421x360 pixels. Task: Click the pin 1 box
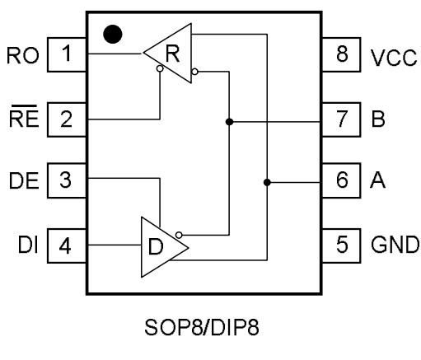click(x=68, y=54)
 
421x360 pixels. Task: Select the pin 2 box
click(x=68, y=119)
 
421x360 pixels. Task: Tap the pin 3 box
click(x=68, y=180)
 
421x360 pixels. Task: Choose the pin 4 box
click(x=68, y=245)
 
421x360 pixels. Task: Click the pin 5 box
click(x=341, y=245)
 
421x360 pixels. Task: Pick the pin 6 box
click(x=341, y=180)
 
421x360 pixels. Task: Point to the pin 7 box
click(x=341, y=119)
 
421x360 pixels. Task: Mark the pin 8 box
click(x=341, y=54)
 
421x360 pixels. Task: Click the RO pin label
click(x=23, y=56)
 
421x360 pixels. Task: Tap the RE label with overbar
click(x=24, y=116)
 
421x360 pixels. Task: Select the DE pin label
click(x=24, y=180)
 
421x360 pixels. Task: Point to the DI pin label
click(x=28, y=245)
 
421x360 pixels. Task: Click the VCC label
click(x=394, y=58)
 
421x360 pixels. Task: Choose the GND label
click(x=395, y=245)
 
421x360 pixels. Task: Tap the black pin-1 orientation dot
click(x=113, y=35)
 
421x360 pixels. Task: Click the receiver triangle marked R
click(x=167, y=53)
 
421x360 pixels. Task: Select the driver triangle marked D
click(x=165, y=247)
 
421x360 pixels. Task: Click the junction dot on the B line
click(x=229, y=122)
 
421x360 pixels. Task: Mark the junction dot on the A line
click(x=267, y=182)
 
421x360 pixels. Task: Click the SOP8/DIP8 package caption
click(x=202, y=327)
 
